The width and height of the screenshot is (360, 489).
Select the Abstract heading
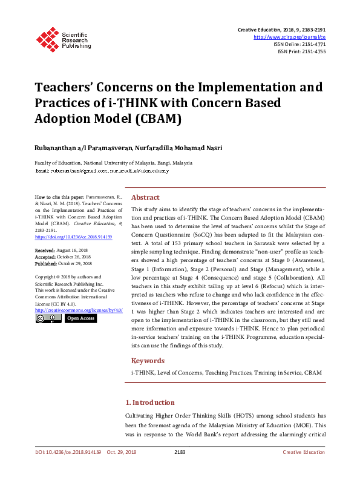[145, 197]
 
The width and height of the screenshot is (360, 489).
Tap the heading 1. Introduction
[149, 402]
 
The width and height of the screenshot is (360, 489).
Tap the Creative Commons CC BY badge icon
[47, 318]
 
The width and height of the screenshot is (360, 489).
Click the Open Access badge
[80, 318]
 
